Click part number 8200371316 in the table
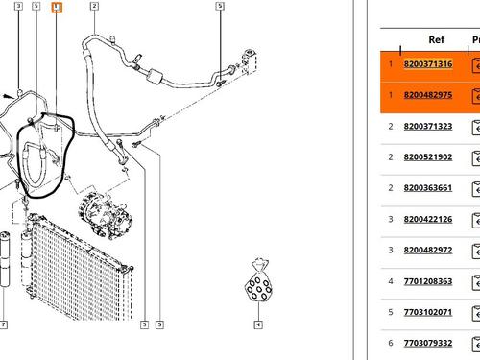[x=428, y=64]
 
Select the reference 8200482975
[x=428, y=95]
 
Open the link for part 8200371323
[x=428, y=126]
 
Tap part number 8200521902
[x=428, y=157]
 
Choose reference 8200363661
[x=428, y=188]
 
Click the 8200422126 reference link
[x=428, y=219]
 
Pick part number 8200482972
[x=428, y=250]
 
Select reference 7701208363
[x=428, y=281]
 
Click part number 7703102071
[x=428, y=312]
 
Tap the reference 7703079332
[x=428, y=343]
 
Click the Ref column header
[x=437, y=39]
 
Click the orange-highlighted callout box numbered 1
[x=57, y=8]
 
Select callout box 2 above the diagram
[x=94, y=6]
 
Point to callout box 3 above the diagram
[x=19, y=6]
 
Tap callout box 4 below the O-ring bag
[x=258, y=325]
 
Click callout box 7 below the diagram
[x=3, y=325]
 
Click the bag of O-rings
[x=258, y=280]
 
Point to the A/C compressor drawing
[x=105, y=215]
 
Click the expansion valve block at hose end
[x=251, y=61]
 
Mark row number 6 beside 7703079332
[x=391, y=343]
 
